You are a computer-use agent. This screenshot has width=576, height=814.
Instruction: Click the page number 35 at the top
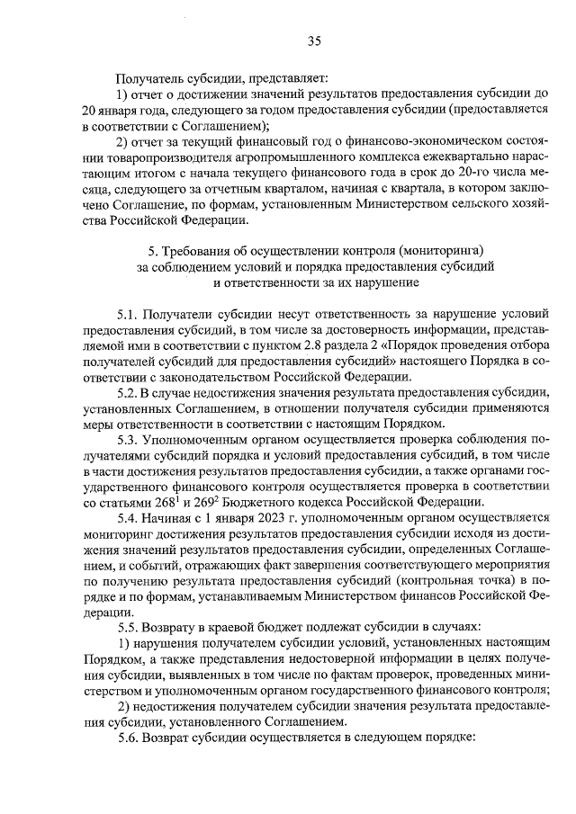point(314,40)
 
